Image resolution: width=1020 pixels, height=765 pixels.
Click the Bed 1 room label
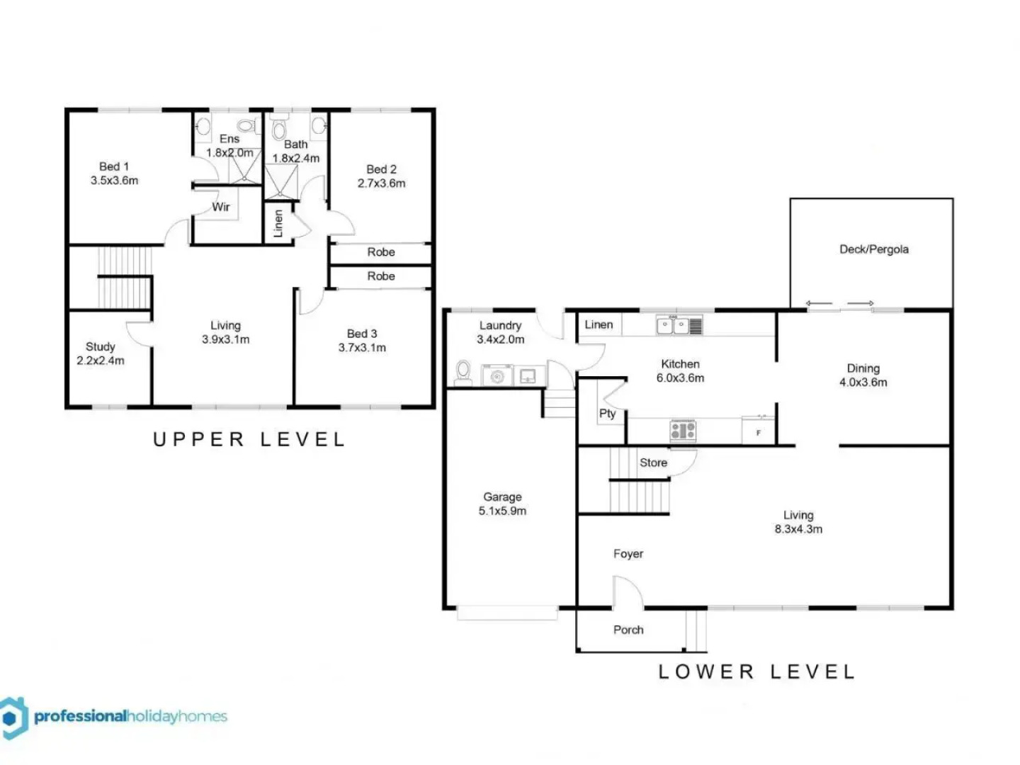tap(114, 167)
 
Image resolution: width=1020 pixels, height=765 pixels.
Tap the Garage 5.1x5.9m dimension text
tap(502, 511)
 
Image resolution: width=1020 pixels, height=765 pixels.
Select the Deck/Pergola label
tap(873, 249)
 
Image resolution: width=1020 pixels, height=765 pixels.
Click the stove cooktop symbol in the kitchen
tap(683, 430)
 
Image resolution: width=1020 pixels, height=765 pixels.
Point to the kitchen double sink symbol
tap(679, 326)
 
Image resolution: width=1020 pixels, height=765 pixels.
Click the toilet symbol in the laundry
tap(463, 372)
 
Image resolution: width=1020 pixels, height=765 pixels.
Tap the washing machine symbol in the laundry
tap(498, 375)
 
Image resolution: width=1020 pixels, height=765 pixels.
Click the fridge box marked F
tap(759, 431)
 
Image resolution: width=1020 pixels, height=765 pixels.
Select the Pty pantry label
tap(607, 414)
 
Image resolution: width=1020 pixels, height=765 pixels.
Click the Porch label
tap(628, 630)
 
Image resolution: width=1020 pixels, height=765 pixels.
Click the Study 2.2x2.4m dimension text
tap(101, 361)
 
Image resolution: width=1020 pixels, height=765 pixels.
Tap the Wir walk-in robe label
tap(221, 208)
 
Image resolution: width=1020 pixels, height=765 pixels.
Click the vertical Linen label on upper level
tap(278, 223)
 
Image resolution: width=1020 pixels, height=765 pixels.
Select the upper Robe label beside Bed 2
tap(381, 252)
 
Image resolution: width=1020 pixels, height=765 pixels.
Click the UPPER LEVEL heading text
tap(249, 440)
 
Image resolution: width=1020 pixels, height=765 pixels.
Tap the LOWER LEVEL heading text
tap(756, 671)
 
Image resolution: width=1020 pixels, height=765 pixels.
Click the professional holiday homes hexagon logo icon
tap(13, 718)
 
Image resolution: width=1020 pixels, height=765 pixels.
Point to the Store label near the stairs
tap(653, 463)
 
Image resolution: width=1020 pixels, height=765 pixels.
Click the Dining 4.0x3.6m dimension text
tap(863, 382)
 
